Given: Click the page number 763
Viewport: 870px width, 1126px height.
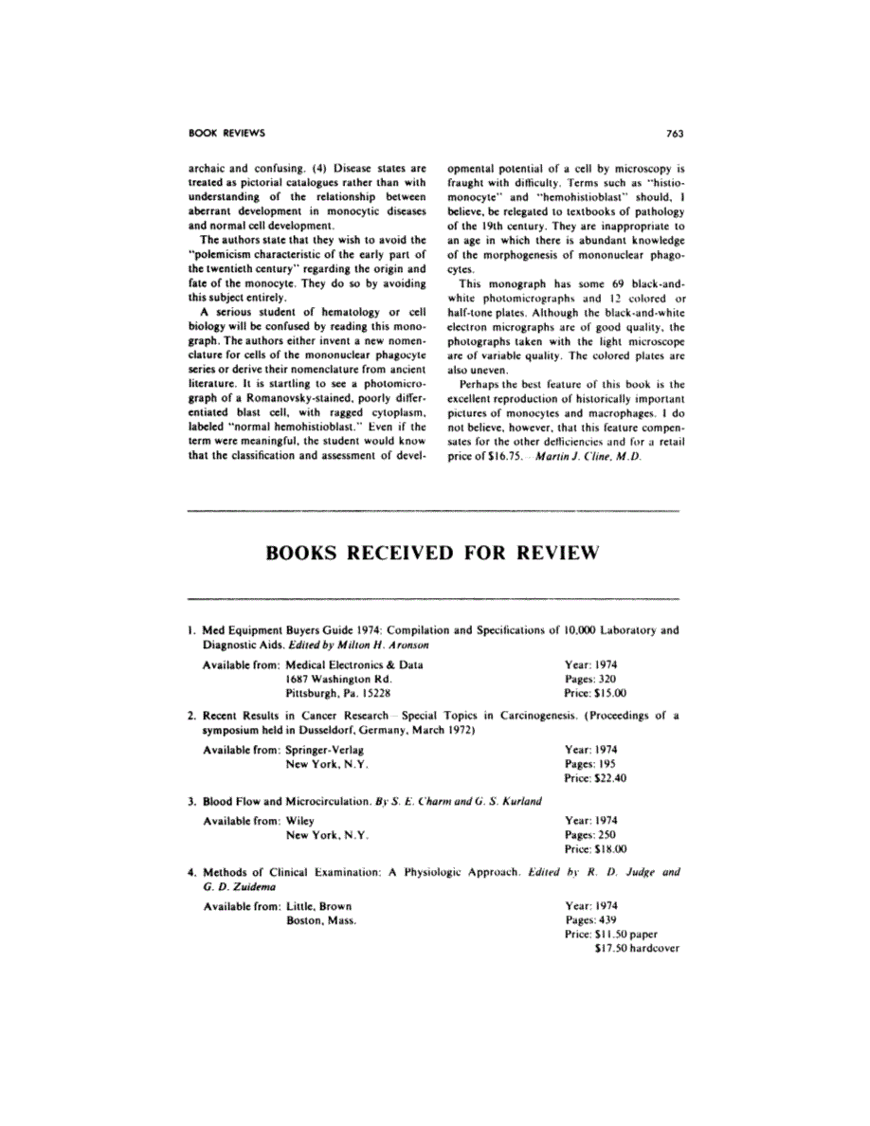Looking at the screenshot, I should pyautogui.click(x=675, y=133).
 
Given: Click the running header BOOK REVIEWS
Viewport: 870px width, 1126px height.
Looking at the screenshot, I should pyautogui.click(x=227, y=133).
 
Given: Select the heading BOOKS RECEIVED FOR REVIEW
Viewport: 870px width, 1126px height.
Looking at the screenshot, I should pyautogui.click(x=434, y=554).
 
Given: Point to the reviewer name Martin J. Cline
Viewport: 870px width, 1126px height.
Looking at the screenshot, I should pyautogui.click(x=574, y=457).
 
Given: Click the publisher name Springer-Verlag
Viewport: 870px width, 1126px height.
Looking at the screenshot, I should pyautogui.click(x=326, y=749).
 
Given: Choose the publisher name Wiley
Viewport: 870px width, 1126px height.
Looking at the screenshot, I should pyautogui.click(x=299, y=821).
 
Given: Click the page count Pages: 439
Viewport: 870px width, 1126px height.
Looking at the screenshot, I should pyautogui.click(x=589, y=919).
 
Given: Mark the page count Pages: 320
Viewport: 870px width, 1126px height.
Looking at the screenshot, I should pyautogui.click(x=589, y=680).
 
